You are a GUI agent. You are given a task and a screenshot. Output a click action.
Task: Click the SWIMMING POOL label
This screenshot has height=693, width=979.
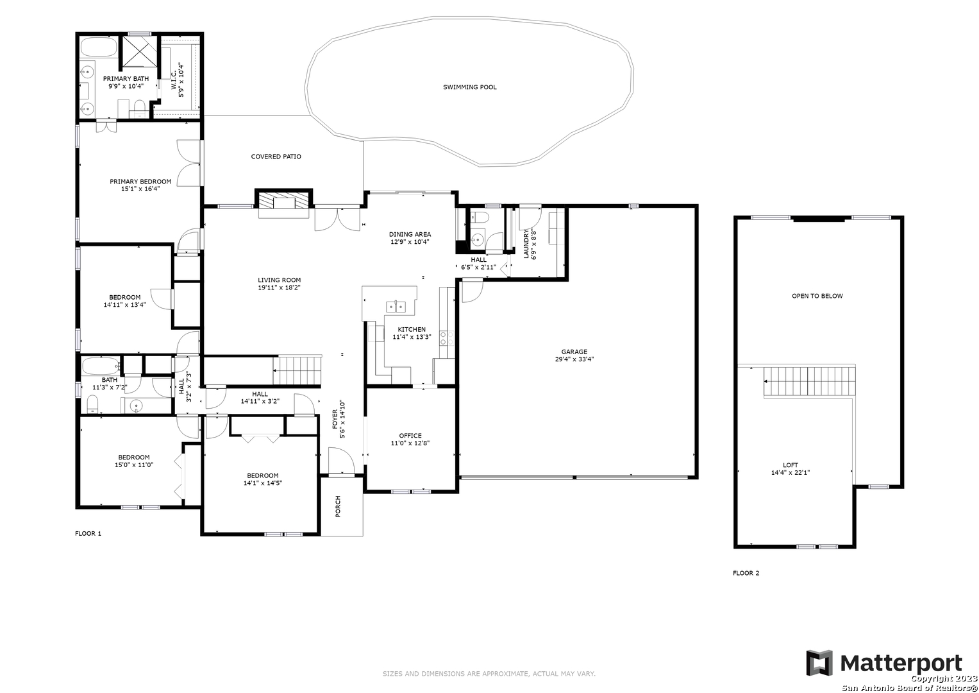coord(470,87)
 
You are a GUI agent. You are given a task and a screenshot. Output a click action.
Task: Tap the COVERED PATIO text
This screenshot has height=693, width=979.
coord(276,157)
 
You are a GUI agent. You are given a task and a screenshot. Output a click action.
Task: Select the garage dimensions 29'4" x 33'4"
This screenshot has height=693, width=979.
coord(574,359)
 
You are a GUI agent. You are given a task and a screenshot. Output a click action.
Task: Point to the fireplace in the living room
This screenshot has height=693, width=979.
coord(283,201)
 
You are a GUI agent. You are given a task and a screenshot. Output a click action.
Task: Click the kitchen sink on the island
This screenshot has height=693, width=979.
coord(396,306)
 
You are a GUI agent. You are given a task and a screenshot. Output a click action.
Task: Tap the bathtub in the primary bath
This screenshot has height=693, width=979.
coord(99,47)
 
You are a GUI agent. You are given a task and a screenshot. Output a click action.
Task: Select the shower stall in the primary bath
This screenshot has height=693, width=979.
coord(139,51)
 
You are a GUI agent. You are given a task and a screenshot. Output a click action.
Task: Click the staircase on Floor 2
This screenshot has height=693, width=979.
coord(810,381)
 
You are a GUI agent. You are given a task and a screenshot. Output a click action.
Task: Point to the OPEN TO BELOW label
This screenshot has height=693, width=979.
coord(817,296)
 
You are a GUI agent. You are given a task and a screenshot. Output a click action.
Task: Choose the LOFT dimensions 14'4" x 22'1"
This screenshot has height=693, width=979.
coord(791,472)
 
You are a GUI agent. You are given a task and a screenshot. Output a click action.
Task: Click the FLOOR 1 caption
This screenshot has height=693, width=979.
coord(88,533)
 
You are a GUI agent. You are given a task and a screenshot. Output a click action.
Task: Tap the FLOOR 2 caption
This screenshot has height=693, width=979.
coord(746,573)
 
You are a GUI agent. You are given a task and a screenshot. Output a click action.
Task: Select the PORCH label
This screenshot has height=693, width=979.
coord(338,507)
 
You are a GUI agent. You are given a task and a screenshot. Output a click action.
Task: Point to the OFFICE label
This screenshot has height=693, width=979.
coord(410,436)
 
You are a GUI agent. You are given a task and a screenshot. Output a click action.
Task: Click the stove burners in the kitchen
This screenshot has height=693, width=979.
coord(447,338)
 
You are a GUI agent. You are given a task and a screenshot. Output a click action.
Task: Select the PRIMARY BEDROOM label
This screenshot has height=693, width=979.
coord(140,182)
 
